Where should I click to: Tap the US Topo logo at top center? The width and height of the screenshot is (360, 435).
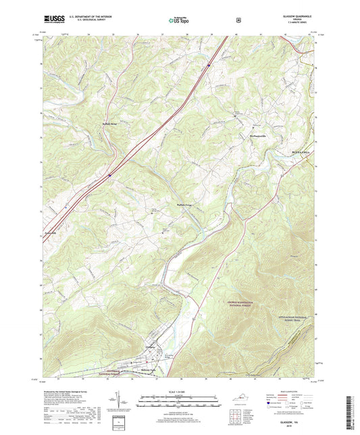(178, 20)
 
